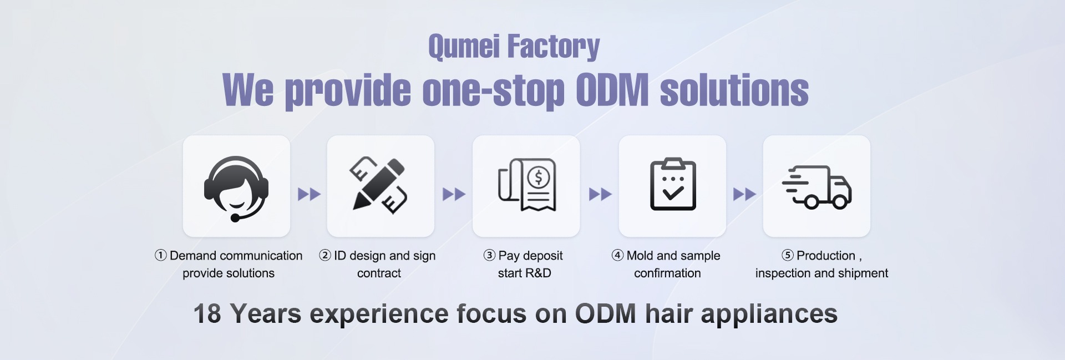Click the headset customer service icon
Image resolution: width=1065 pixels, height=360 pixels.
[236, 187]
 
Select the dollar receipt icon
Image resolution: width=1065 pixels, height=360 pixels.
[527, 185]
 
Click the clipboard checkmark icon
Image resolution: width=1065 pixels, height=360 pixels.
[673, 185]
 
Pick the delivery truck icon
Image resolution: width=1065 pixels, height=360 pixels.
[817, 187]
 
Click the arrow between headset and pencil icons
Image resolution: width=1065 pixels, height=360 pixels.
[309, 194]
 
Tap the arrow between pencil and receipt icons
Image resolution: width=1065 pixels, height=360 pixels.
[454, 194]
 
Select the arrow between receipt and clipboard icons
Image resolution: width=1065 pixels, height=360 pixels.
[600, 194]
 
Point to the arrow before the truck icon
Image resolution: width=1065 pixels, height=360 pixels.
[744, 194]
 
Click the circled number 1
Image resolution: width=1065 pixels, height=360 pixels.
[161, 255]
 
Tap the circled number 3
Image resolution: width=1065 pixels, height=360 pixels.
[489, 255]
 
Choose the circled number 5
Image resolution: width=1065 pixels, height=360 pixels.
[788, 255]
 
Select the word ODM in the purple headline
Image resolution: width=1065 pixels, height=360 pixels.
[612, 90]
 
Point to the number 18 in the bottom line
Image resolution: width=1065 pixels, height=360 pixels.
[207, 313]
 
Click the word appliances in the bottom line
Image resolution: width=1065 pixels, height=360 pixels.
[769, 315]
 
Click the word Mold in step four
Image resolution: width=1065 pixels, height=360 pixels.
[640, 256]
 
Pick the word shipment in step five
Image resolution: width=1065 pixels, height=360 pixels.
[862, 273]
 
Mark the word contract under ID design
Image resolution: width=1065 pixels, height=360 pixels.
[379, 273]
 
